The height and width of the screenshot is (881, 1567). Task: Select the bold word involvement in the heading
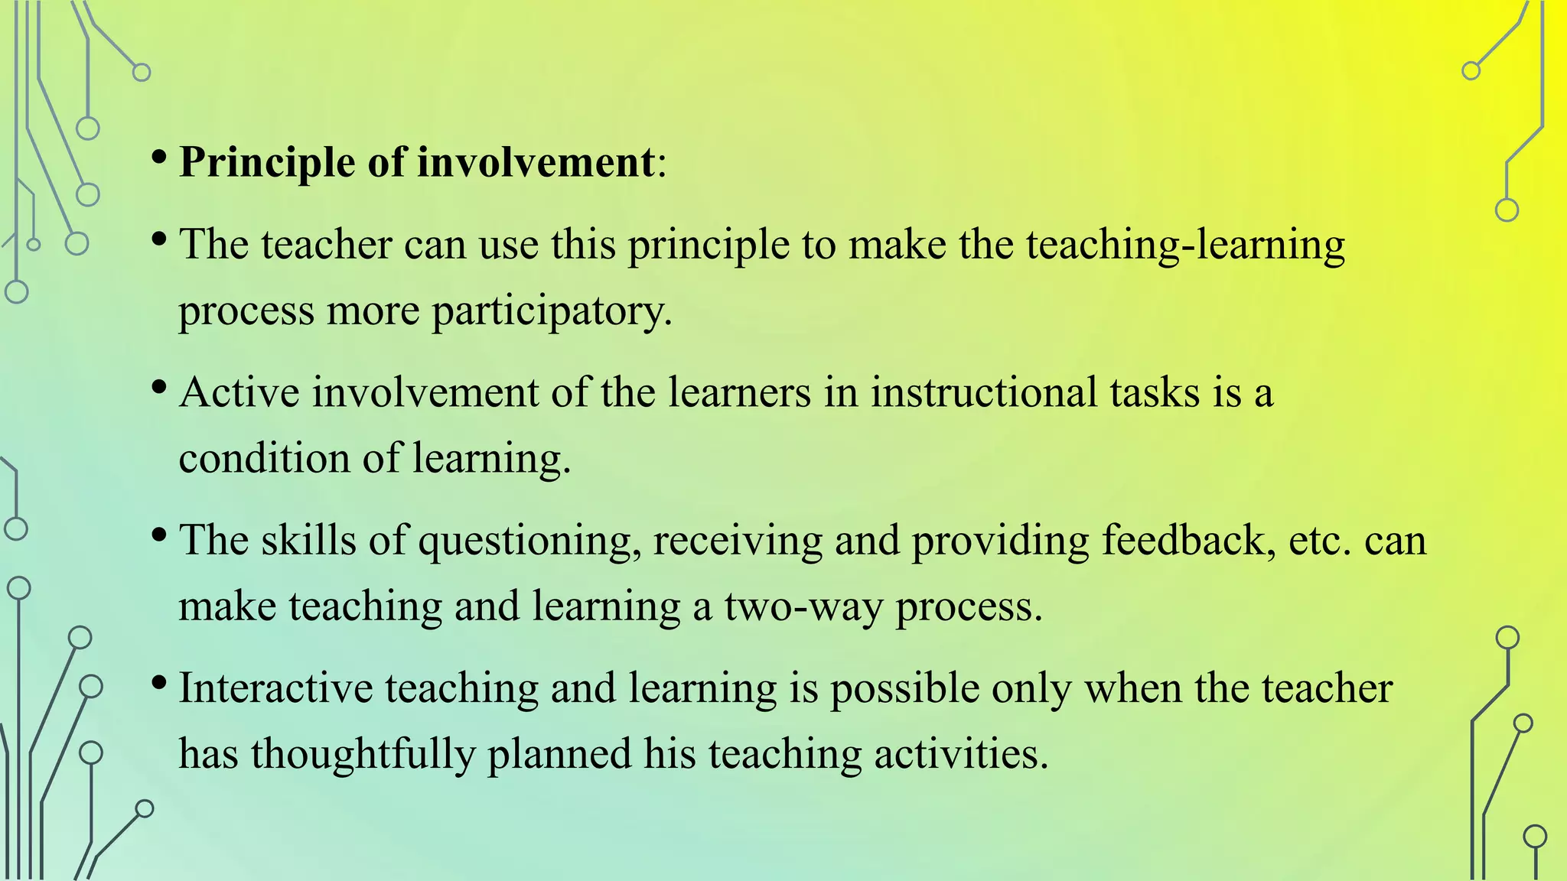(536, 163)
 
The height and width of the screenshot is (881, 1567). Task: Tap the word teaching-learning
(1185, 245)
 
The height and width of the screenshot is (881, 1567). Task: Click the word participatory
(551, 311)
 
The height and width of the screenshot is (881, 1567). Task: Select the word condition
(264, 458)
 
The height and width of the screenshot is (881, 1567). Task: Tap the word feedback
(1188, 541)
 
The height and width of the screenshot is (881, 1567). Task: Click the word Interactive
(275, 688)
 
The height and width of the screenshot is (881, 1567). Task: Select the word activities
(960, 754)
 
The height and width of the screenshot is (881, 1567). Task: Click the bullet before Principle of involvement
(159, 158)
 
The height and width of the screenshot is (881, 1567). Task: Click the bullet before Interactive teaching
(159, 682)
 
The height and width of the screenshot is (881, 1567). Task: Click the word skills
(308, 541)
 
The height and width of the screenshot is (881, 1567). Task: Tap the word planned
(559, 754)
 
